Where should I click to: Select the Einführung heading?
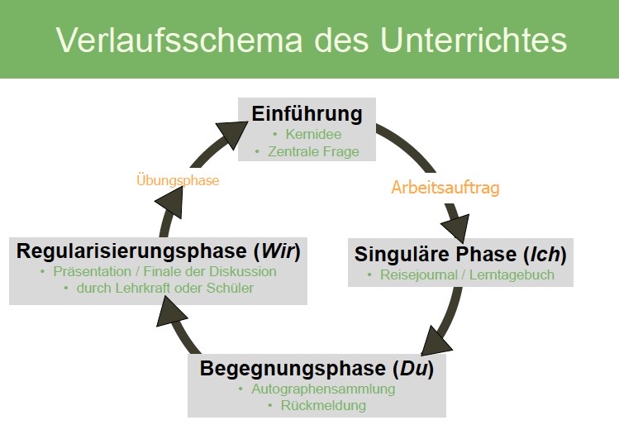(x=307, y=113)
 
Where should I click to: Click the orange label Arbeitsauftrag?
(x=445, y=188)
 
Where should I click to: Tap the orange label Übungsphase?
(x=178, y=179)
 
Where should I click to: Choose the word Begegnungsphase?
(x=291, y=368)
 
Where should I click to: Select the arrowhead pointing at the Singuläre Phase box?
(x=455, y=227)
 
